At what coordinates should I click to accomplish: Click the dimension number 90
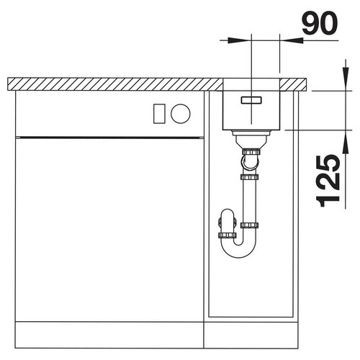320,24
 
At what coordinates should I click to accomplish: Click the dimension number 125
328,181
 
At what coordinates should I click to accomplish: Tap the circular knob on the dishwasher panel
181,114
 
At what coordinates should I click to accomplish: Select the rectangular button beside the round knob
159,114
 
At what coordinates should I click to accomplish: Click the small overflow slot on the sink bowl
251,100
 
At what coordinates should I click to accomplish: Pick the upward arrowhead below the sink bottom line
346,142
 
